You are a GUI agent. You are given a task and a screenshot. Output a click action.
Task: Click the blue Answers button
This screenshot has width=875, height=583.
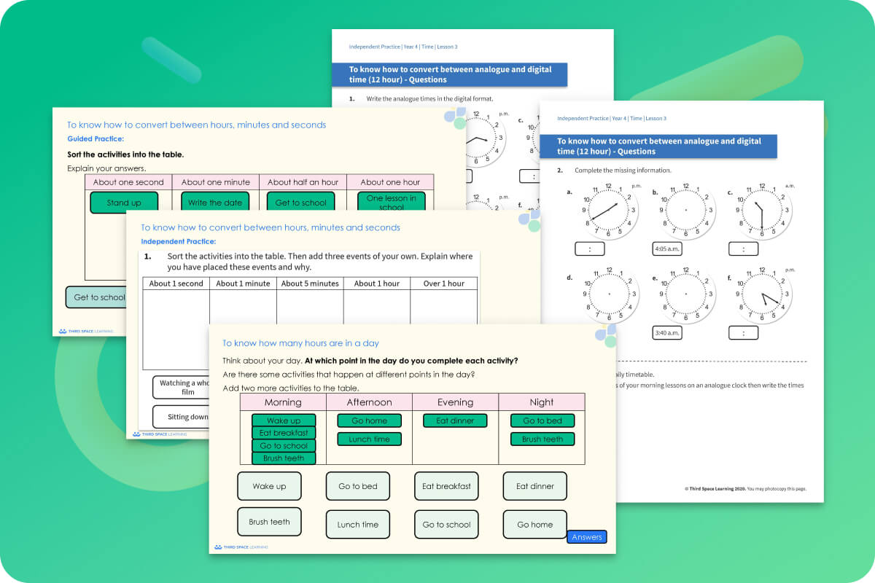point(587,537)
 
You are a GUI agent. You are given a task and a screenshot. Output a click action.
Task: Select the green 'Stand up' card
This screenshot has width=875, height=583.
point(124,203)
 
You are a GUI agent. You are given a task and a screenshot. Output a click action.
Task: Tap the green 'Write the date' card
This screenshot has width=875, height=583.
point(215,203)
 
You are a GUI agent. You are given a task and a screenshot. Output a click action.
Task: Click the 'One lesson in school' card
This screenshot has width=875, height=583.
point(392,202)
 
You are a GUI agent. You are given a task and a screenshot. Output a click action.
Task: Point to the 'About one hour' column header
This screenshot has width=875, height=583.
point(390,182)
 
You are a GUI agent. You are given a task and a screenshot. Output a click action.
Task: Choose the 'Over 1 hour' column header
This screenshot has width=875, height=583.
point(443,283)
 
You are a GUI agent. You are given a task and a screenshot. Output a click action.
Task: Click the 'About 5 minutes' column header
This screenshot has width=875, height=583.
point(310,283)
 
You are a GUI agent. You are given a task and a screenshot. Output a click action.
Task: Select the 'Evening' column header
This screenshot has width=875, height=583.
point(455,402)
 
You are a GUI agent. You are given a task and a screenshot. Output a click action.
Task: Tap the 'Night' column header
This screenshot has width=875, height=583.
point(541,402)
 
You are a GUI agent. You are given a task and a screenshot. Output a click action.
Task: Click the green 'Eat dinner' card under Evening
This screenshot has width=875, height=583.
point(455,420)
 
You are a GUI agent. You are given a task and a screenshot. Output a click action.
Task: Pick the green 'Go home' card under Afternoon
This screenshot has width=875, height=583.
point(369,420)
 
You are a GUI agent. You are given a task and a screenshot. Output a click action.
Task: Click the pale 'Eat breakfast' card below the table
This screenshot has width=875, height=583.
point(446,486)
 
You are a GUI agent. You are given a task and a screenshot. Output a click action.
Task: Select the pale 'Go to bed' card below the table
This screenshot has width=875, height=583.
point(358,486)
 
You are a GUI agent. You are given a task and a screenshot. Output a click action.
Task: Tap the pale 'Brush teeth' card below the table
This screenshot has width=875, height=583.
point(269,522)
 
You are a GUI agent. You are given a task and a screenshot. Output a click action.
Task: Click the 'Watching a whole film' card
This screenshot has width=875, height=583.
point(182,387)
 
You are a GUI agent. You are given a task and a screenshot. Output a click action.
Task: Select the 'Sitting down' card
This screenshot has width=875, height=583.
point(182,417)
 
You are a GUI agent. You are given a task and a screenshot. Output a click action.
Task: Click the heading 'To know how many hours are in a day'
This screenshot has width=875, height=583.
point(300,343)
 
